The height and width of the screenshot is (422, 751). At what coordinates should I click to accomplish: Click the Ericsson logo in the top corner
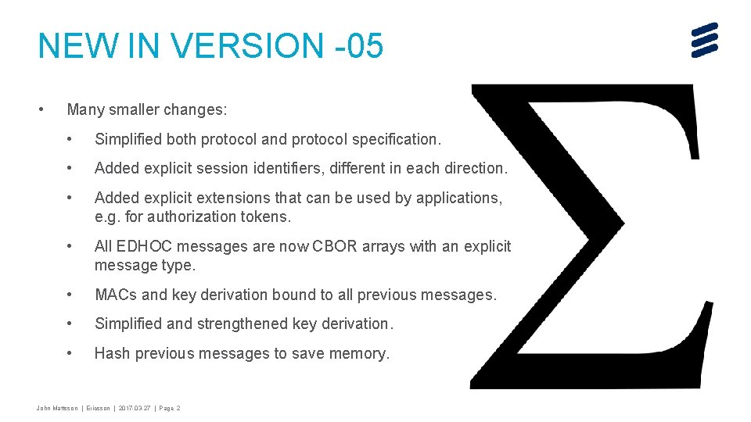[704, 39]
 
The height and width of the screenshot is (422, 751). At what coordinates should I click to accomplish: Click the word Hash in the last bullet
[112, 354]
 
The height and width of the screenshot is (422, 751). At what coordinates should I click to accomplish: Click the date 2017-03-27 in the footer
[136, 408]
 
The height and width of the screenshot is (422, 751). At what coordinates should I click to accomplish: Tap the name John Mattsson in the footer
[57, 408]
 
